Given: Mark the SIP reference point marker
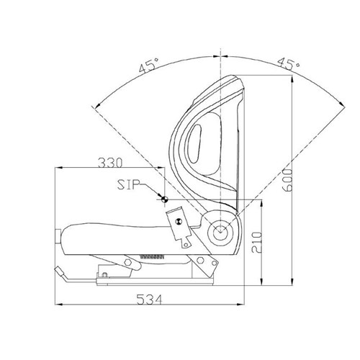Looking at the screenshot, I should pos(164,200).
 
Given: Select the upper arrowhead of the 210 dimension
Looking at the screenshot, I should pos(260,202).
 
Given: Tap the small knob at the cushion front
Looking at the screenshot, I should pos(58,236).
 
